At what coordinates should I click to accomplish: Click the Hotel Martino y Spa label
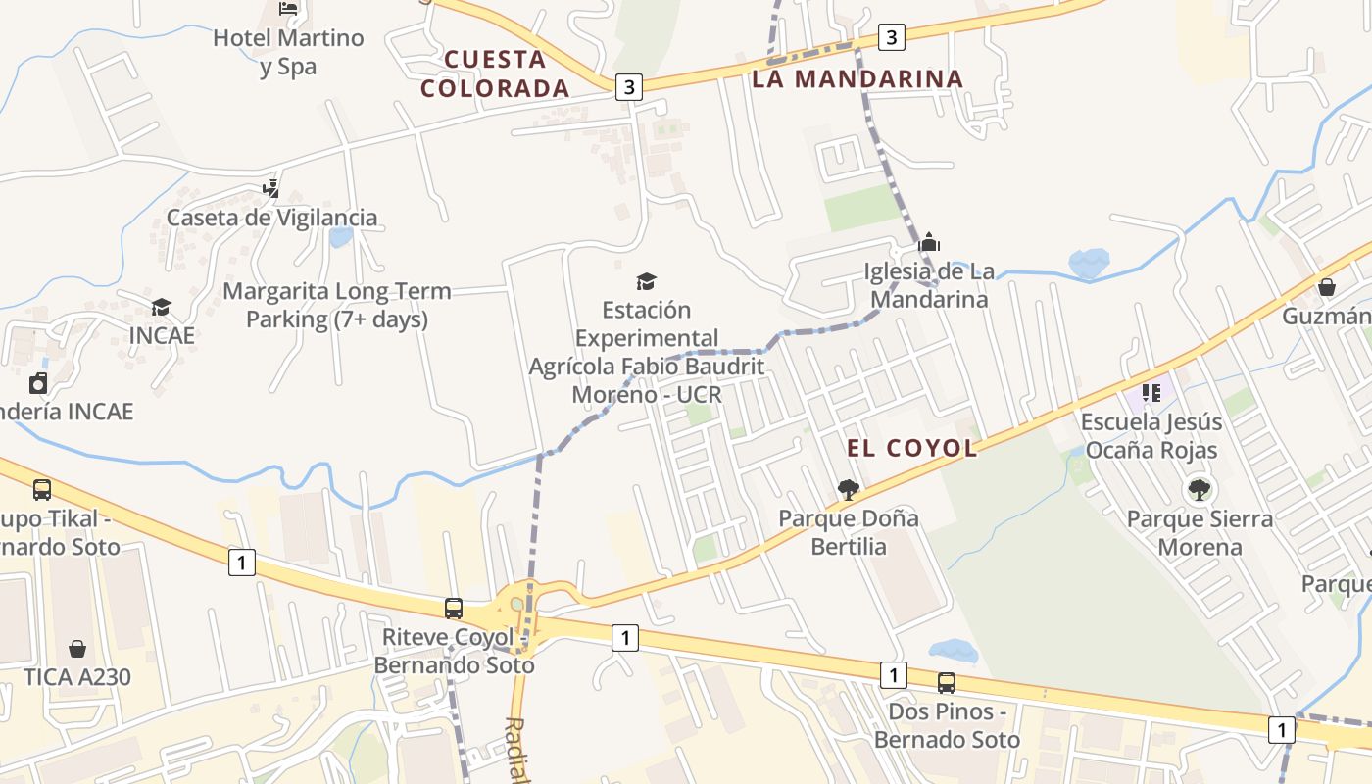pos(288,52)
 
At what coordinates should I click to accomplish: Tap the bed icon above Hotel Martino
pos(288,8)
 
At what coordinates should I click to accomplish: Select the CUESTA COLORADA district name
pos(495,73)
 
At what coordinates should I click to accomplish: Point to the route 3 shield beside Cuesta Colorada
pos(628,87)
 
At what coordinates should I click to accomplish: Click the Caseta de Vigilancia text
pos(271,218)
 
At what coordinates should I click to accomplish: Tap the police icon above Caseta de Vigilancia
pos(271,187)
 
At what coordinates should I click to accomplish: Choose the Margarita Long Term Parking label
pos(337,305)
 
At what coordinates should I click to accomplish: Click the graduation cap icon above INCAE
pos(161,308)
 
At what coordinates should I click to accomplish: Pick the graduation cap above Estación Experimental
pos(646,282)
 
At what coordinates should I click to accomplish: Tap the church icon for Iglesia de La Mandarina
pos(929,242)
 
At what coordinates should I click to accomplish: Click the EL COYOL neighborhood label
pos(912,449)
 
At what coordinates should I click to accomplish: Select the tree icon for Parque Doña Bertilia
pos(849,489)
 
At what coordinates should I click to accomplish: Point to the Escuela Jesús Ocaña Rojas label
pos(1151,436)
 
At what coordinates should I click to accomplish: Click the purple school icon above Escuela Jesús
pos(1151,394)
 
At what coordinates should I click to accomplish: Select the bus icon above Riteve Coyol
pos(454,609)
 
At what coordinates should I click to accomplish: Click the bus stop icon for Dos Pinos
pos(947,683)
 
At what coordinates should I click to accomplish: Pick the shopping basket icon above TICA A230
pos(77,649)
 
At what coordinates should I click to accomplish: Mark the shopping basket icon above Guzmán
pos(1327,287)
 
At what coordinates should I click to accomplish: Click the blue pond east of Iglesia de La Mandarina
pos(1089,262)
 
